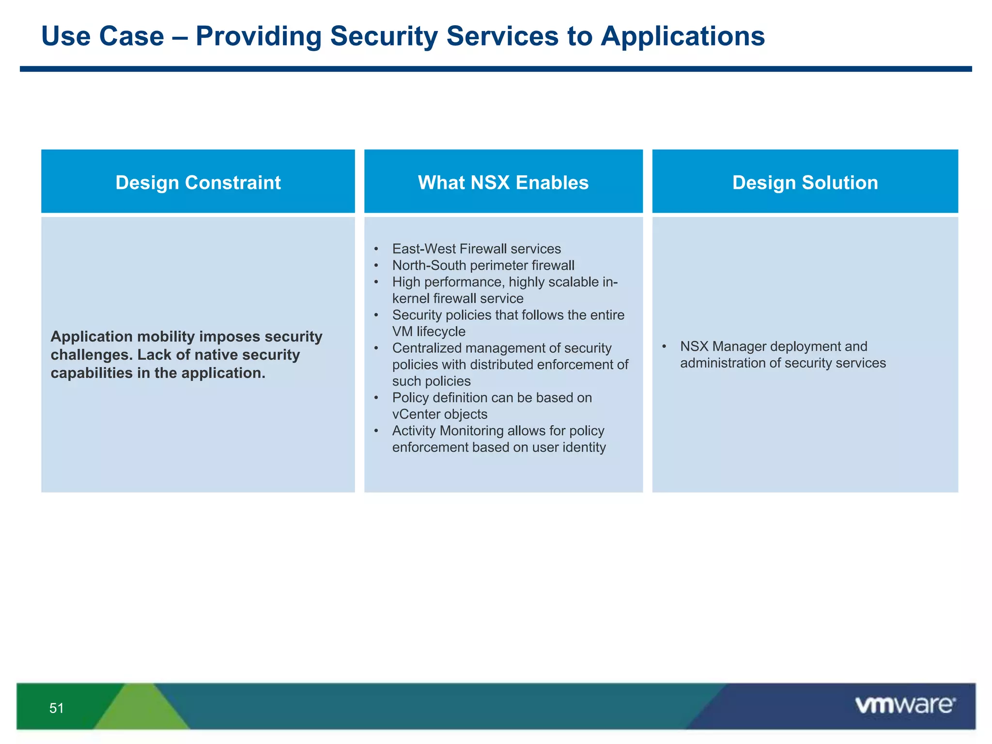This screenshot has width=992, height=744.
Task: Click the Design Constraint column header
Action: coord(198,183)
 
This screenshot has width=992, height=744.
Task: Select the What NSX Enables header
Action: coord(503,183)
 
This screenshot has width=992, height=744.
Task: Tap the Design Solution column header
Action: coord(805,183)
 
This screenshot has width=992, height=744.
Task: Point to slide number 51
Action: coord(56,708)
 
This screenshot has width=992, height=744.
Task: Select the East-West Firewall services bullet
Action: coord(476,248)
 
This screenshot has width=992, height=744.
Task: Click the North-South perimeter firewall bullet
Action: coord(483,265)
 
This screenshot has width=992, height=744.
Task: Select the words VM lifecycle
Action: coord(428,331)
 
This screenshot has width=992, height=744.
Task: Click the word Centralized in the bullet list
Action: coord(426,348)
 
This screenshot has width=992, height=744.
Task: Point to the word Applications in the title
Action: coord(682,36)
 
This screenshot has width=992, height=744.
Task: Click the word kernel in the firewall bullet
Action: coord(410,298)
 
